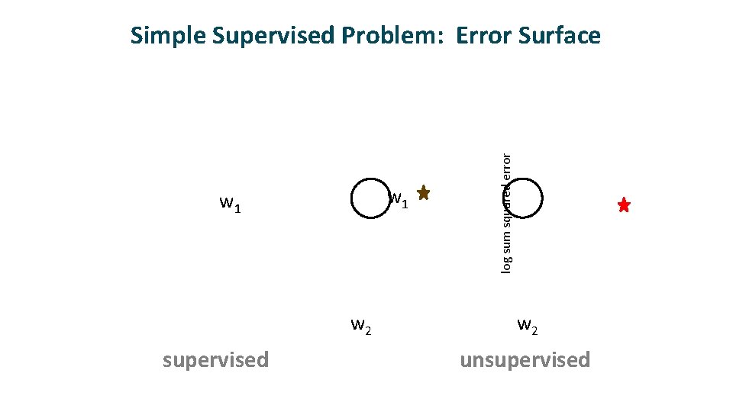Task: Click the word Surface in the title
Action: [x=560, y=36]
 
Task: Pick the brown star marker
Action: [x=424, y=193]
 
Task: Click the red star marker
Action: [x=624, y=205]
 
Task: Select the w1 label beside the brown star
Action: [x=399, y=201]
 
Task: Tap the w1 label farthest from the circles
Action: [x=230, y=204]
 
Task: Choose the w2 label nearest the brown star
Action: [x=360, y=326]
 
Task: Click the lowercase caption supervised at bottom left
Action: [x=215, y=359]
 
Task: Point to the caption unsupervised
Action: [x=525, y=359]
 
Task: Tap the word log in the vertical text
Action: [x=506, y=264]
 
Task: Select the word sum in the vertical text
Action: [x=506, y=242]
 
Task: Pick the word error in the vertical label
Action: [x=506, y=166]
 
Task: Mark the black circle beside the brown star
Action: [x=370, y=198]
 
